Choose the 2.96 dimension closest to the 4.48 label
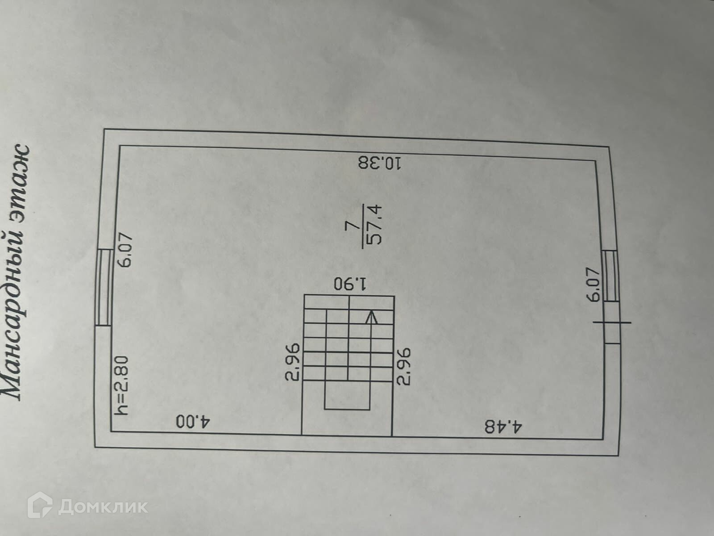(x=403, y=366)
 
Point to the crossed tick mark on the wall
(x=611, y=322)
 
